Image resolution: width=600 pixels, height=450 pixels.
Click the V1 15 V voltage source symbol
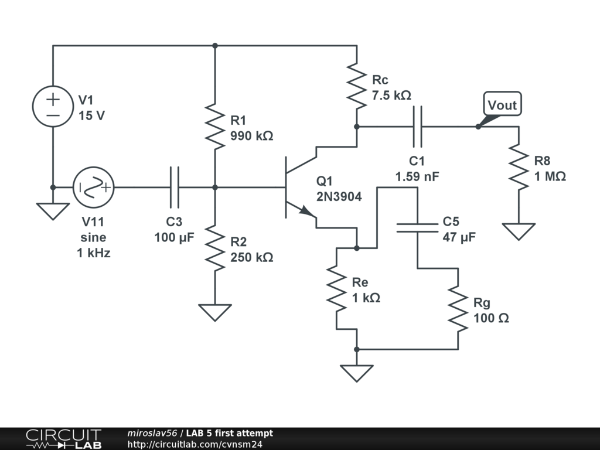(53, 106)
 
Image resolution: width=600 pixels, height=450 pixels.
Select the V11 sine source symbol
(93, 187)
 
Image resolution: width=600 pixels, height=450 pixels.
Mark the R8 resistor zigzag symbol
(519, 168)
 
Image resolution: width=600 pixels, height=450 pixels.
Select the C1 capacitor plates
(417, 127)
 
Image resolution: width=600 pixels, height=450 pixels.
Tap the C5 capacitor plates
(417, 227)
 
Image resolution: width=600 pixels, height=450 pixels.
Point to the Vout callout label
(502, 105)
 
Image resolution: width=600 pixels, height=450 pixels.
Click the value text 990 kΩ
(252, 136)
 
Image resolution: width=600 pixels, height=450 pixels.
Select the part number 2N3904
(339, 197)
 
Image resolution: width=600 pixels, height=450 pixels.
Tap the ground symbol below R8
(519, 231)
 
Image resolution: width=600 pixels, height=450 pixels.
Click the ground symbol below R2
(215, 312)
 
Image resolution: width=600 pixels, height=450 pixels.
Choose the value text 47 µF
(459, 237)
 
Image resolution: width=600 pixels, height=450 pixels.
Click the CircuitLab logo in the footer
(63, 439)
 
